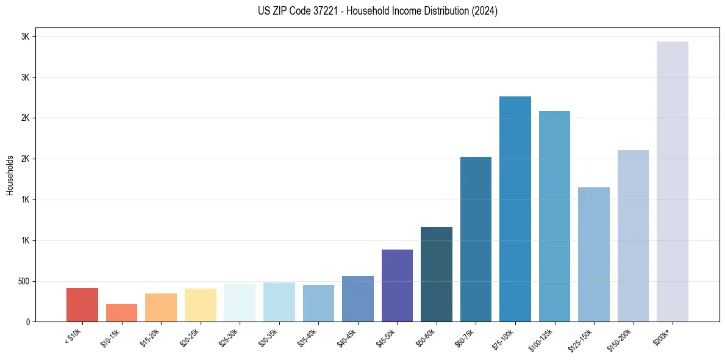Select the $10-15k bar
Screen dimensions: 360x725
121,312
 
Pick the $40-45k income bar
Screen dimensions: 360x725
358,298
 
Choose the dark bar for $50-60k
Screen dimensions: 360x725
437,274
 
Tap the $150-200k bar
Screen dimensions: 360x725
633,236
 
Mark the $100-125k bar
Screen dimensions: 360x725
554,216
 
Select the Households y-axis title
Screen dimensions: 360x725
10,175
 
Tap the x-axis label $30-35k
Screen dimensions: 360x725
268,338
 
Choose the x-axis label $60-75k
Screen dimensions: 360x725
465,338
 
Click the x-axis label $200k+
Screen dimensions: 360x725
663,336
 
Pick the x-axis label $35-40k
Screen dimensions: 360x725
308,338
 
